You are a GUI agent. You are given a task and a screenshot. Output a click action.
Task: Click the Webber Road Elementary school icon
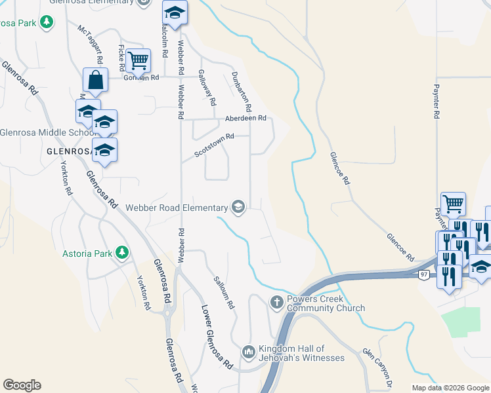238,208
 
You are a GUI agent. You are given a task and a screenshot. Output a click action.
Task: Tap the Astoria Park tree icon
121,252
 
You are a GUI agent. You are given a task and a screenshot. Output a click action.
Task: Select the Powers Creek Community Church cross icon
277,303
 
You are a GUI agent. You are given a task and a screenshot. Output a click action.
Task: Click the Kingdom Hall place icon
248,352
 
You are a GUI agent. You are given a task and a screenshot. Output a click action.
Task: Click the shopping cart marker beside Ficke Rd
139,60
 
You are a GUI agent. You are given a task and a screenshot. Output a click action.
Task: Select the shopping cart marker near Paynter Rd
453,204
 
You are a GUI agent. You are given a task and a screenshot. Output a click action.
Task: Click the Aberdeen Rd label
245,119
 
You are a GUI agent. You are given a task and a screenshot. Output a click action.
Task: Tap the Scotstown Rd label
215,146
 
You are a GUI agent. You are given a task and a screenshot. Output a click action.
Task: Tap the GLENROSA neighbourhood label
68,151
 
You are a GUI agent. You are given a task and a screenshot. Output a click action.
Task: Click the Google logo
22,385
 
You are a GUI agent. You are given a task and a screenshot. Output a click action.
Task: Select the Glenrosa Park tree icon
46,22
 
